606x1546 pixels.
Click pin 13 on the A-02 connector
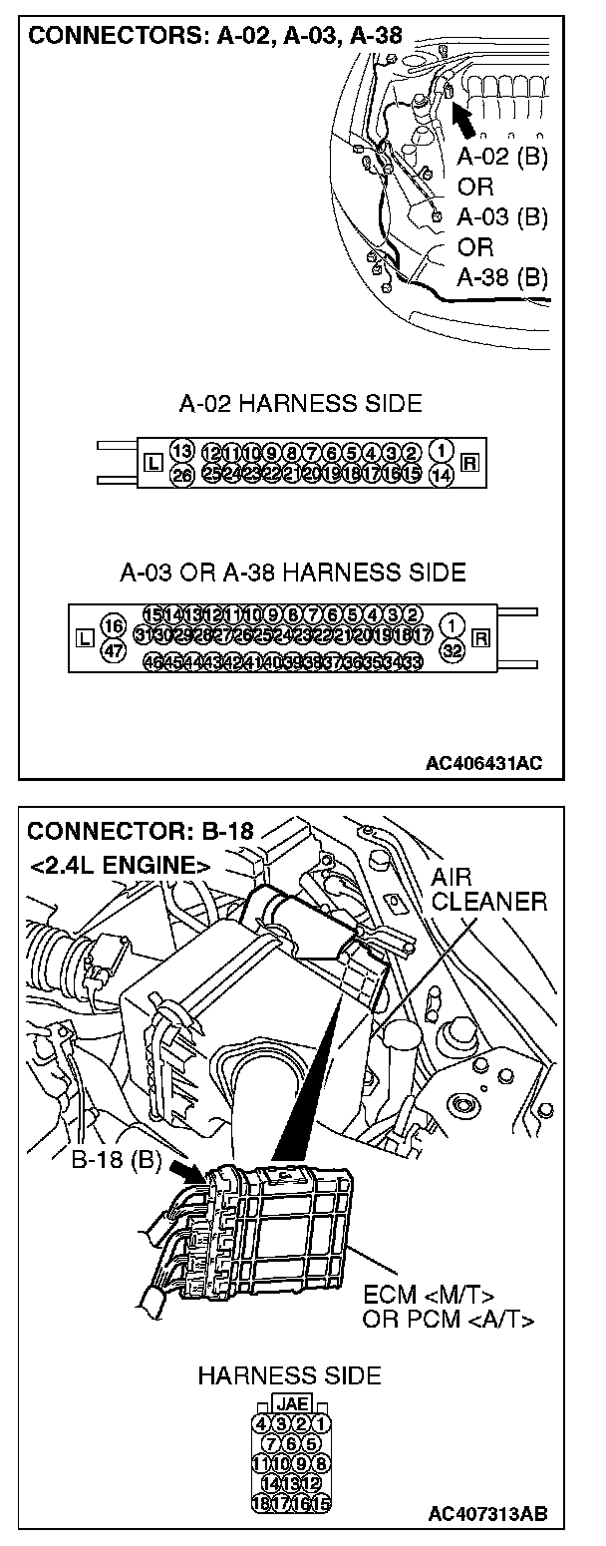pos(180,451)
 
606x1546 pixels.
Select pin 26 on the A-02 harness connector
pos(180,474)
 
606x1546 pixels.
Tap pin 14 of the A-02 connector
pos(443,475)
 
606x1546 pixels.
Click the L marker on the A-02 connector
pos(151,463)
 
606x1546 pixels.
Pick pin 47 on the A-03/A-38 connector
pos(114,650)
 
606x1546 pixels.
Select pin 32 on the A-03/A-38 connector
pos(453,648)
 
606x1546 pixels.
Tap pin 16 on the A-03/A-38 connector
pos(114,626)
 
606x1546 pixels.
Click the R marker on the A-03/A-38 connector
pos(481,636)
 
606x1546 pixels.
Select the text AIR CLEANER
pos(489,891)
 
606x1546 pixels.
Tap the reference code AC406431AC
pos(484,764)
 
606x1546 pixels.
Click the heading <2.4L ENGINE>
pos(119,864)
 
